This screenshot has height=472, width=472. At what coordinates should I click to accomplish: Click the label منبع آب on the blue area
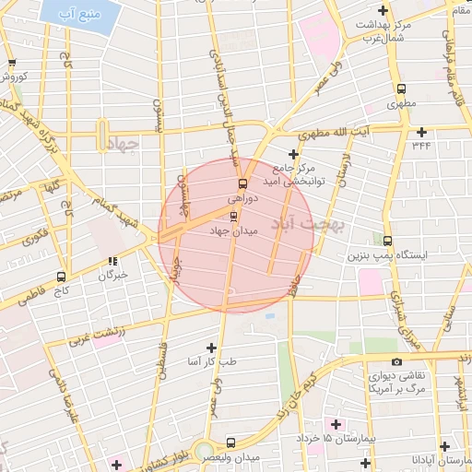click(x=77, y=16)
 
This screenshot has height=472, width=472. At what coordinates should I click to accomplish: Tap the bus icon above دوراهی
click(x=242, y=182)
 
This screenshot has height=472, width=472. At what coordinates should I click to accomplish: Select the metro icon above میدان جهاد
click(x=232, y=217)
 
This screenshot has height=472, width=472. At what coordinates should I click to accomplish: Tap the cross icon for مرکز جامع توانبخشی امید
click(x=293, y=154)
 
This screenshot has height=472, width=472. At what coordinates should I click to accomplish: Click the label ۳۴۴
click(x=421, y=145)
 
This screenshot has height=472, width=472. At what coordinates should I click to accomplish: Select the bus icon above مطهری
click(x=401, y=89)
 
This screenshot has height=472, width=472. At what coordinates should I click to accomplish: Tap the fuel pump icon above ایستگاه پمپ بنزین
click(x=387, y=240)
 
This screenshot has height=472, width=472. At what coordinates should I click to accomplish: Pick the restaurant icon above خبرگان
click(x=112, y=262)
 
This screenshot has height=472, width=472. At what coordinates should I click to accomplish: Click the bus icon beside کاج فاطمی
click(x=62, y=277)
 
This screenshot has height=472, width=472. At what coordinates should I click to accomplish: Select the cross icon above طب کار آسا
click(x=212, y=348)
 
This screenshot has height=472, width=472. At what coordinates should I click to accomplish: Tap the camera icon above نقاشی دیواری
click(x=396, y=362)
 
